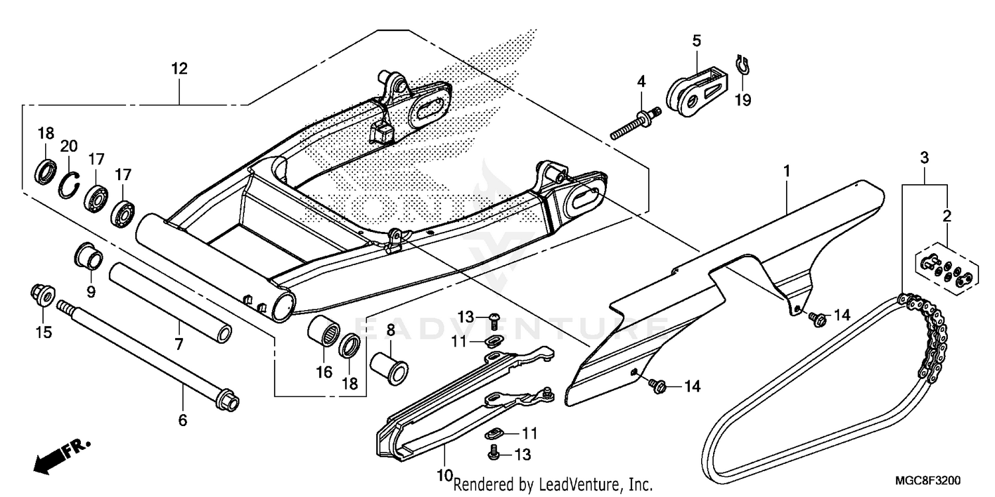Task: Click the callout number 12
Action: coord(178,69)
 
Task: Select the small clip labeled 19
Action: coord(744,65)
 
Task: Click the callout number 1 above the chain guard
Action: coord(786,153)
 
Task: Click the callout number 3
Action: coord(923,158)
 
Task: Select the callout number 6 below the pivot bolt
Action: coord(182,420)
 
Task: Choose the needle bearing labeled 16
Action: coord(324,333)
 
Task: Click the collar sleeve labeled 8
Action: coord(389,364)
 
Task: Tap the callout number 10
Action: coord(444,475)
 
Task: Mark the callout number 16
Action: coord(324,372)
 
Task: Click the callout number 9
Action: coord(91,292)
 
